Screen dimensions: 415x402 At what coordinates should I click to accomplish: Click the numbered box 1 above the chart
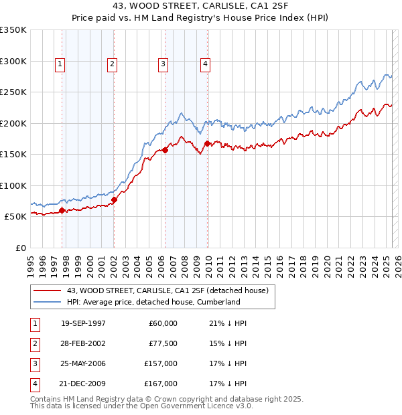[x=60, y=64]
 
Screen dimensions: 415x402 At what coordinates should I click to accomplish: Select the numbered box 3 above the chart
[x=163, y=64]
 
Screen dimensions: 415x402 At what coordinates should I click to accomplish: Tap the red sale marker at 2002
[x=115, y=199]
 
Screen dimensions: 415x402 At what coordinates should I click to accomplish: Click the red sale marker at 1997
[x=62, y=210]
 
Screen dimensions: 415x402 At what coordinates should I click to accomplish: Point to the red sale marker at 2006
[x=165, y=150]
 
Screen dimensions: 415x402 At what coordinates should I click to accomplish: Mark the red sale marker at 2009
[x=207, y=144]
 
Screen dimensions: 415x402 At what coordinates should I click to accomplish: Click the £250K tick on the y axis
[x=13, y=92]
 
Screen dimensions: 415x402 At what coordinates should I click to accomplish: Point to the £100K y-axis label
[x=13, y=185]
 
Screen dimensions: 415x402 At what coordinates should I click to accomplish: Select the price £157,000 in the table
[x=161, y=363]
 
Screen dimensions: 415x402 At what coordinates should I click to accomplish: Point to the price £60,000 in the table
[x=163, y=323]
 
